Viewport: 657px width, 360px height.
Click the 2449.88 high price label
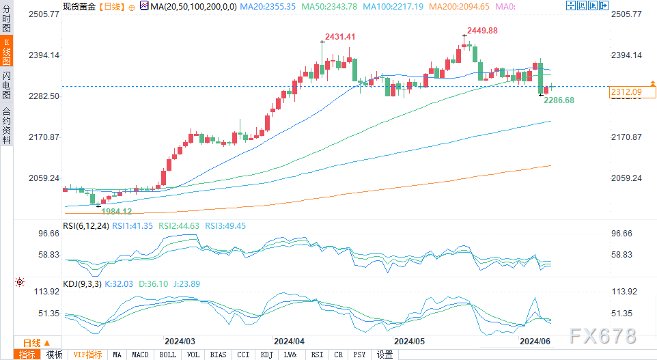(x=483, y=30)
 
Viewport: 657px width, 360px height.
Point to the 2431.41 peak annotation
(x=341, y=36)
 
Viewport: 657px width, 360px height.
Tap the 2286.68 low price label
(x=559, y=100)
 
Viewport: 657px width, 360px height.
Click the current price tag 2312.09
(x=626, y=92)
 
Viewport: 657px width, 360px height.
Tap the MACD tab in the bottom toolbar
(x=140, y=355)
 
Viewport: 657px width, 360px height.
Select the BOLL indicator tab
(x=167, y=355)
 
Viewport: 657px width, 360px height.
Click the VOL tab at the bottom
(x=193, y=355)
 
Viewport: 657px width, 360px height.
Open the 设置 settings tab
(x=385, y=355)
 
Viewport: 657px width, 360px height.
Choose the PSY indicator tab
(x=360, y=355)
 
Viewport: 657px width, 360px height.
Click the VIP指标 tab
(x=87, y=355)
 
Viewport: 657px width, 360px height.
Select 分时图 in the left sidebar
(x=6, y=21)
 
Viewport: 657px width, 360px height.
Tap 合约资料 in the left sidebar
(x=6, y=126)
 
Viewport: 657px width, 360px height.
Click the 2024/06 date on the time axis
(x=535, y=340)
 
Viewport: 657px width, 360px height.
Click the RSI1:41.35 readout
(x=134, y=225)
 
